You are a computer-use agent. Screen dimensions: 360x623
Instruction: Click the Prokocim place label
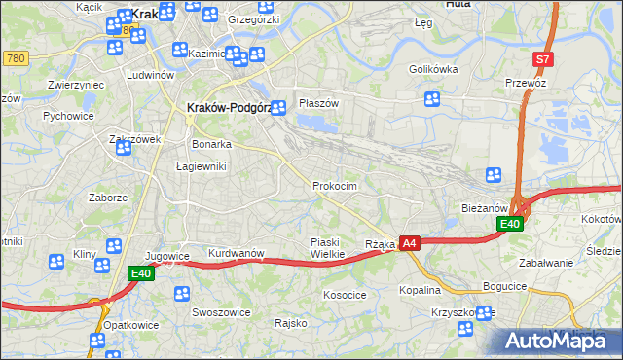pos(335,186)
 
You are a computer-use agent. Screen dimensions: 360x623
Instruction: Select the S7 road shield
pos(543,59)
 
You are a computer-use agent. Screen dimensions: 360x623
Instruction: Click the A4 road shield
pos(410,243)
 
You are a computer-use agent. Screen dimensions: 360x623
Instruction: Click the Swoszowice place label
pos(221,312)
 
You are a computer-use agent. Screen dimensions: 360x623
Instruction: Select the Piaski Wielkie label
pos(327,247)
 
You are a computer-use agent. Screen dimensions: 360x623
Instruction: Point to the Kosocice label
pos(345,294)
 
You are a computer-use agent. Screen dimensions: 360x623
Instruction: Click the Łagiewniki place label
pos(202,166)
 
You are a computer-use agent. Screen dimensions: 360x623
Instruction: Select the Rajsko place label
pos(291,322)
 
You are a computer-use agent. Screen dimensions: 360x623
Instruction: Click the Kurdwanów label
pos(237,253)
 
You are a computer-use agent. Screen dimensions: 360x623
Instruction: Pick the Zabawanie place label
pos(546,263)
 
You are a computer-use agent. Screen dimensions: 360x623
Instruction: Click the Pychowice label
pos(67,115)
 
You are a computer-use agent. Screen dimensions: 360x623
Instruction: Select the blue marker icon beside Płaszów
pos(278,108)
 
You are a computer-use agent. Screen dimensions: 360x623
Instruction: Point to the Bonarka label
pos(211,144)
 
